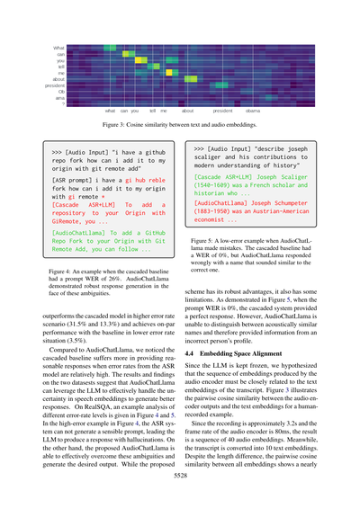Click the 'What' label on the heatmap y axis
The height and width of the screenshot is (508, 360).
(59, 47)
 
